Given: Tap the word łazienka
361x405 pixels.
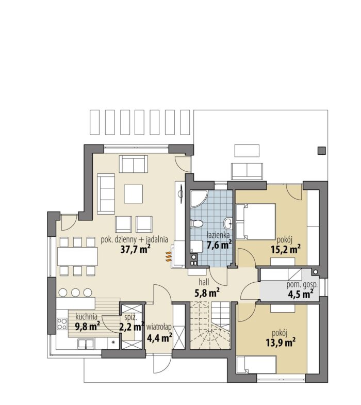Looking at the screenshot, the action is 219,235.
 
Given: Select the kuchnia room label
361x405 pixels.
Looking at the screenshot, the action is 86,316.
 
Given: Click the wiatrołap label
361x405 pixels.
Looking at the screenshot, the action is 159,327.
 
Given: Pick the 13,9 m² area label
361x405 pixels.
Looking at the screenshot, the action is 281,343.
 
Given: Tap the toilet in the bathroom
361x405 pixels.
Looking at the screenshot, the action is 196,223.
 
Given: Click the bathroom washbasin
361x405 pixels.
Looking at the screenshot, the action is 228,223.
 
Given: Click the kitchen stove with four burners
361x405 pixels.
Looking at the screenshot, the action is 62,323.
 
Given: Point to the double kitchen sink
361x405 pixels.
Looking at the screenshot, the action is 86,343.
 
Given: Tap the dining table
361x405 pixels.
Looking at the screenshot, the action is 77,256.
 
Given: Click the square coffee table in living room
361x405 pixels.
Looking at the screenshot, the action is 133,193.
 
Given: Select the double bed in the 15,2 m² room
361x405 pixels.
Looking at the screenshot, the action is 256,221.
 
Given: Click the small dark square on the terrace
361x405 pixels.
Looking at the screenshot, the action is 321,151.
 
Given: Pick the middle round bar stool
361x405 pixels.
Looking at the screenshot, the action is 75,293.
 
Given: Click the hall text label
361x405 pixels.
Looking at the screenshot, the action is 204,282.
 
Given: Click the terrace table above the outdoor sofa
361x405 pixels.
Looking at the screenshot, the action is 247,151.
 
